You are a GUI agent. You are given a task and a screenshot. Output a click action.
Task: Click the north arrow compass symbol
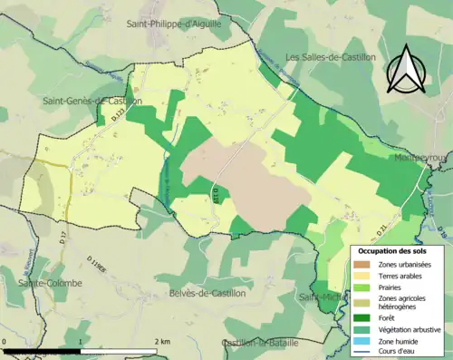coord(405,69)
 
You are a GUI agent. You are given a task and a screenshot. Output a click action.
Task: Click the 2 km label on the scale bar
coord(161,339)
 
